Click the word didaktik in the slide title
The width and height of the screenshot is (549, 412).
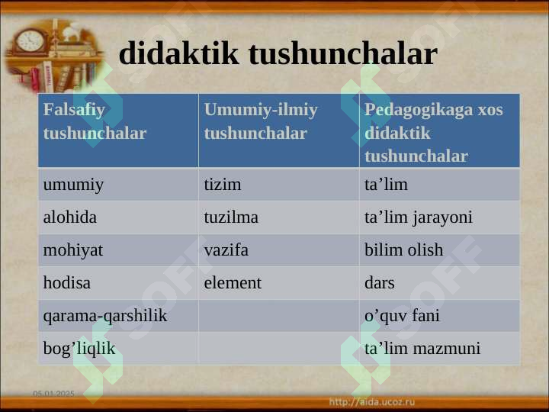coord(179,53)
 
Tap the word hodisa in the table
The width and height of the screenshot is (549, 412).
coord(67,283)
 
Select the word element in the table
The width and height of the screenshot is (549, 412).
coord(233,283)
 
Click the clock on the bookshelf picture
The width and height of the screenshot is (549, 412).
coord(30,41)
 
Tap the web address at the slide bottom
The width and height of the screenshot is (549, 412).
coord(372,402)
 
